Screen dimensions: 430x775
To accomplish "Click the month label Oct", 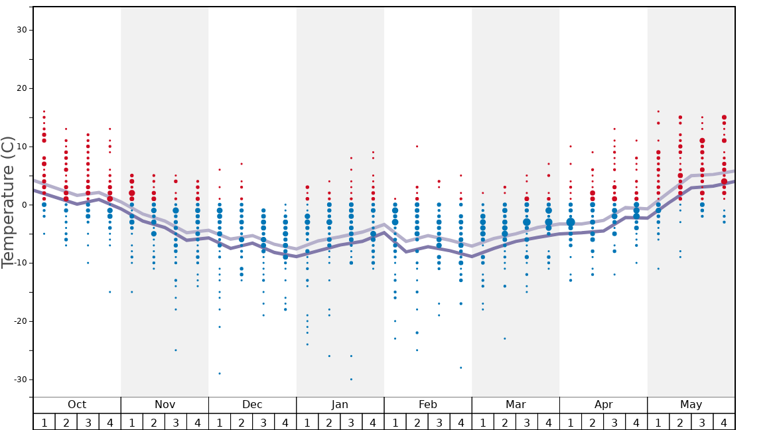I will tap(77, 405).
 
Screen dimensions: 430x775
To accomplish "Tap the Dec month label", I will tap(252, 405).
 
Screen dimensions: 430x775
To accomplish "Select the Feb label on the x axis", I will tap(428, 405).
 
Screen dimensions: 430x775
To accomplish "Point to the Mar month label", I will tap(516, 405).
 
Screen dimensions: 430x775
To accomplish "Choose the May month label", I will tap(691, 405).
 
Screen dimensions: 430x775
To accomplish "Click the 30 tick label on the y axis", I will tap(22, 30).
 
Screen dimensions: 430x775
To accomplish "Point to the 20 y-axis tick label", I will tap(22, 88).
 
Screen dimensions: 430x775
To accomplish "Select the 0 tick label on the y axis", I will tap(25, 205).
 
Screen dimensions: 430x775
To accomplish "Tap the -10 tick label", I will tap(20, 263).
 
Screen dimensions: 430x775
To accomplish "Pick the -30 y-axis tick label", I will tap(20, 380).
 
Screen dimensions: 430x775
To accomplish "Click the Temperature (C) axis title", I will tap(8, 202).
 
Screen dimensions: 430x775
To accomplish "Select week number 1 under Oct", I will tap(44, 422).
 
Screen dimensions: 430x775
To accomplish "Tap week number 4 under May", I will tap(724, 422).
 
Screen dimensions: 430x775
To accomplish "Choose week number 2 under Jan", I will tap(329, 422).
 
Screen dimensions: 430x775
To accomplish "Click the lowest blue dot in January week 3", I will tap(351, 380).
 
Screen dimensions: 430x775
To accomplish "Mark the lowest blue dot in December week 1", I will tap(220, 374).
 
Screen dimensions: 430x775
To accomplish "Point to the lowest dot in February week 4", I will tap(460, 368).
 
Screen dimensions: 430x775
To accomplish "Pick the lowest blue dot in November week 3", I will tap(176, 350).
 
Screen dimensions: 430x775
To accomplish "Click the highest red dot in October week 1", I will tap(44, 111).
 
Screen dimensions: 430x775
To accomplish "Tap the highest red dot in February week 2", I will tap(417, 147).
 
